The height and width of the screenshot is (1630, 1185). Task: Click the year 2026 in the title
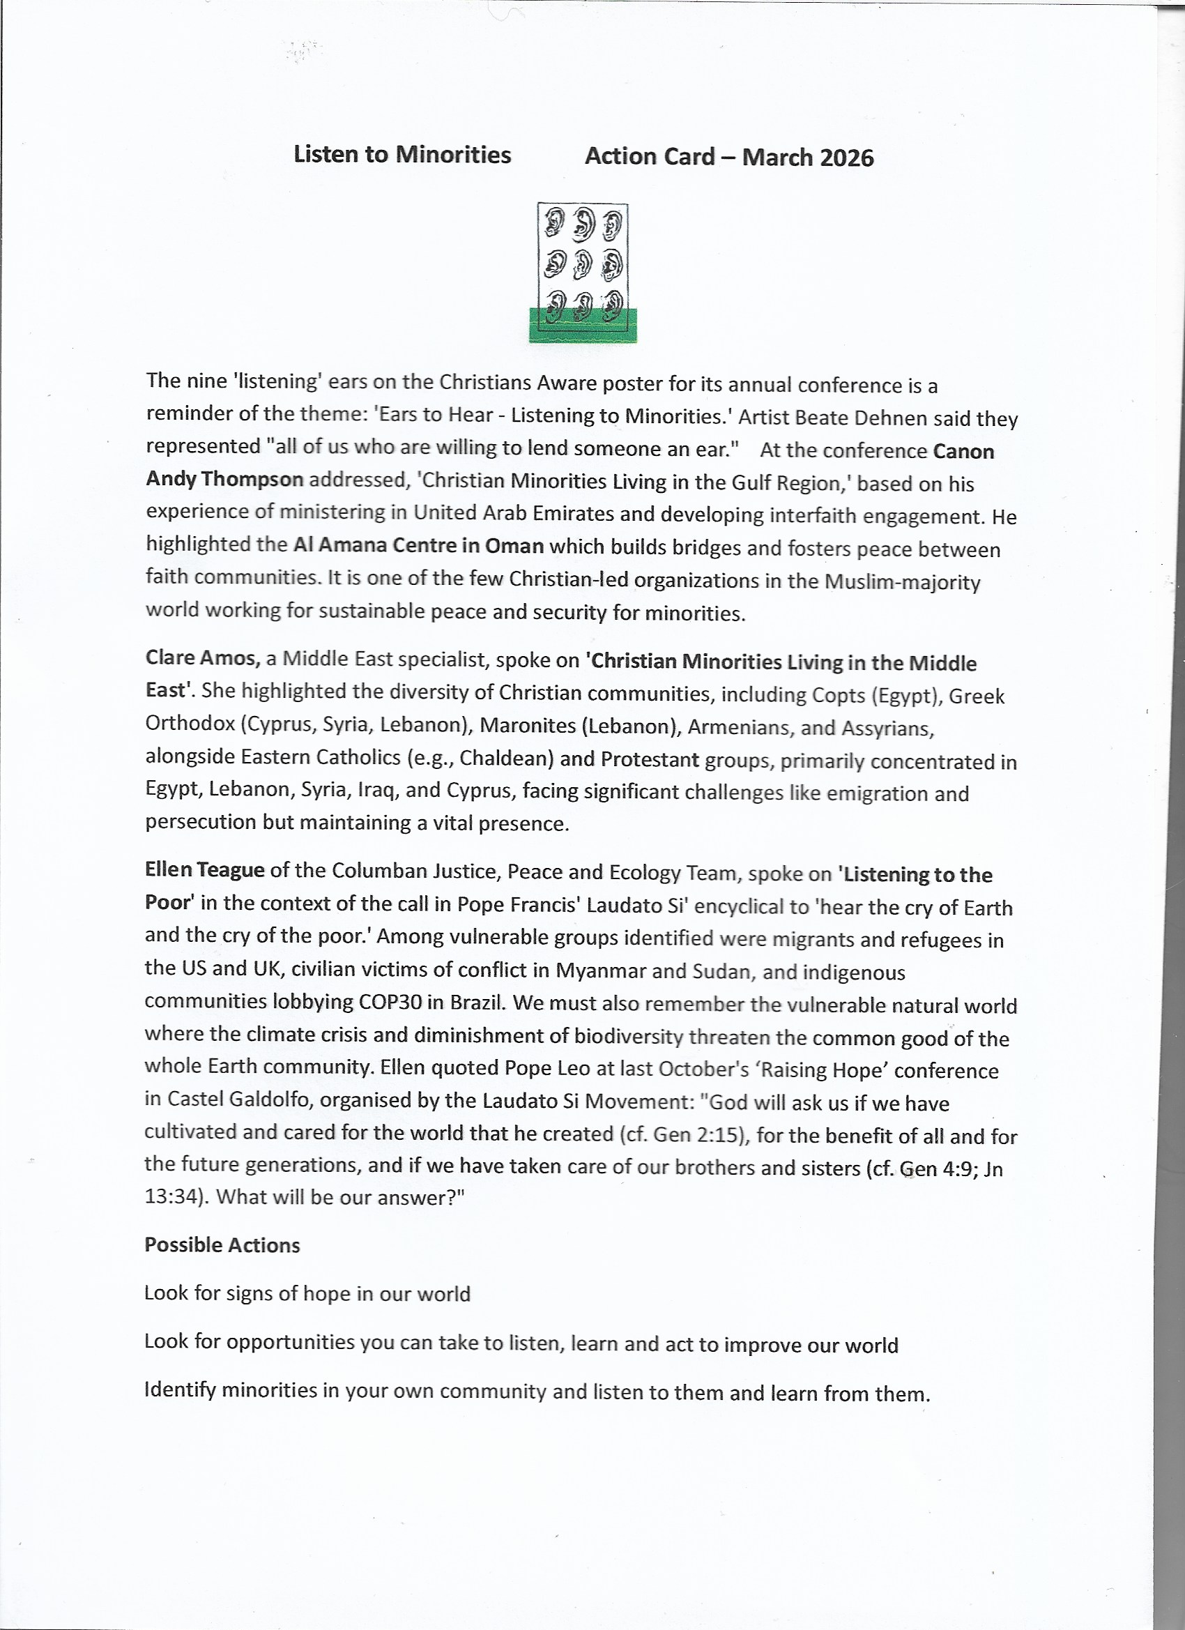click(846, 158)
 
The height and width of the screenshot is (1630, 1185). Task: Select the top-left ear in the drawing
click(554, 223)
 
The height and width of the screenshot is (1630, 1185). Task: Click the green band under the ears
click(583, 326)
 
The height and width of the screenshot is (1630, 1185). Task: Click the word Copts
click(838, 695)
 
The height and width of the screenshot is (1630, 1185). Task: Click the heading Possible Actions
click(222, 1244)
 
